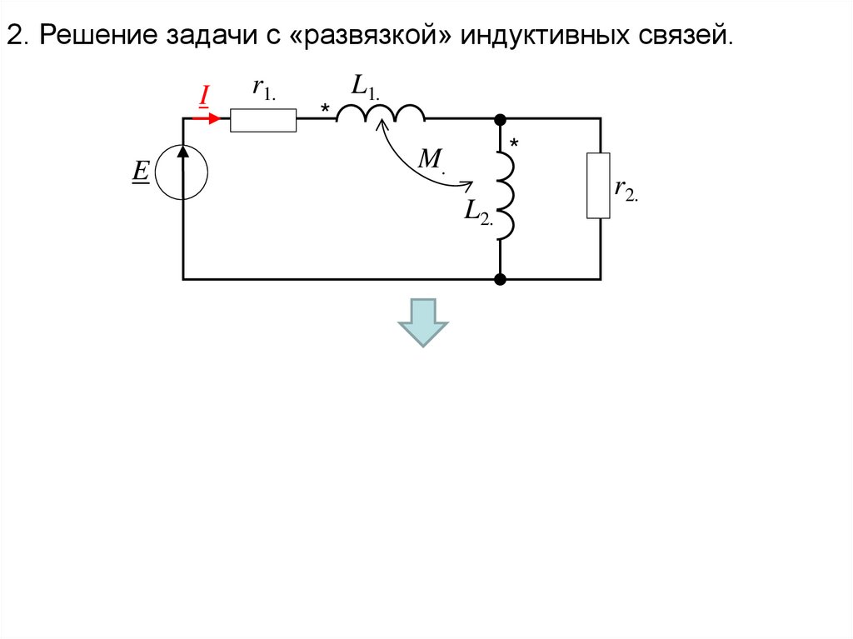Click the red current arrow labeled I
[209, 118]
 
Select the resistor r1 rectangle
[263, 120]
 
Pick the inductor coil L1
[381, 113]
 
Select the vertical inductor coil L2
[506, 197]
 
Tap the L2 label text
[478, 212]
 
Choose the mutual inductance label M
[430, 159]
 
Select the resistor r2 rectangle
[598, 185]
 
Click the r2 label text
[625, 188]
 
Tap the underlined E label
[140, 172]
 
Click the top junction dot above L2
[500, 119]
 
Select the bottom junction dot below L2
[500, 279]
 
